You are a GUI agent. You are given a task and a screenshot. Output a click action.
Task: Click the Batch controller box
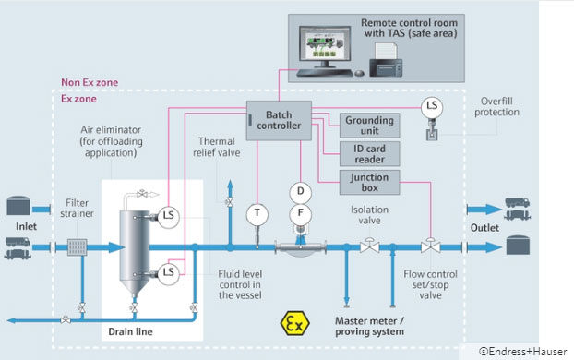pos(274,118)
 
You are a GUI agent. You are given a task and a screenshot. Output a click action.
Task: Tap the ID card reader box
pos(369,152)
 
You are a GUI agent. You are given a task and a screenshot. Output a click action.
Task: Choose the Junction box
pos(369,181)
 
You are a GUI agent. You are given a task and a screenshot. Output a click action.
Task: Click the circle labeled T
pos(256,214)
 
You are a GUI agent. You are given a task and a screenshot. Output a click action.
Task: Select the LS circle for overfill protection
pos(431,106)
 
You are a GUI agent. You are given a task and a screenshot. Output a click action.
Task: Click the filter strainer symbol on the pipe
pos(78,246)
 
